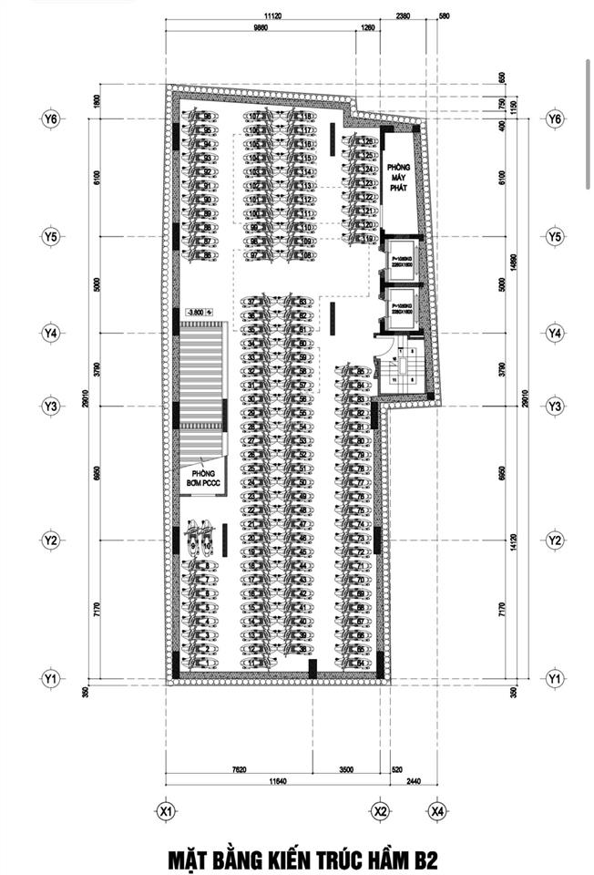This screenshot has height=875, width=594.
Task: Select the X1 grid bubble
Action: tap(165, 808)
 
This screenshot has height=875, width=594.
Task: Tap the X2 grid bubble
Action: tap(381, 808)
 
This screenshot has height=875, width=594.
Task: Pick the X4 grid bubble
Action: tap(438, 808)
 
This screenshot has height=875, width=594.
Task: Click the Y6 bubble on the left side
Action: tap(50, 118)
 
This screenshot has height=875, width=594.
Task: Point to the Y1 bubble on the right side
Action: tap(553, 678)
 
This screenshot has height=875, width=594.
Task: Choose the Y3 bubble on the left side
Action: tap(50, 405)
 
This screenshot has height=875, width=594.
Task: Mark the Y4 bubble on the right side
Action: tap(553, 333)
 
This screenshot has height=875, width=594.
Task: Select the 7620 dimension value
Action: tap(240, 769)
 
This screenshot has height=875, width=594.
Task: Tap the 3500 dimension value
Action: tap(347, 769)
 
